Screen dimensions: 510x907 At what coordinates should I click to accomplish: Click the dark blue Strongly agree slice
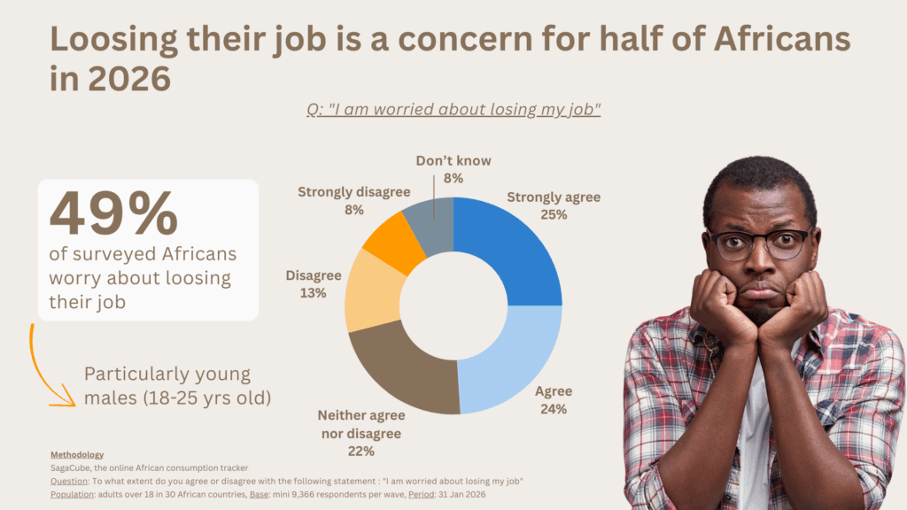[x=514, y=248]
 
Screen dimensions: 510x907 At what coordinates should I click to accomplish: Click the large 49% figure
[x=113, y=215]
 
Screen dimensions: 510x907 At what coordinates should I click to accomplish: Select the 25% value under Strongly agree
[x=554, y=214]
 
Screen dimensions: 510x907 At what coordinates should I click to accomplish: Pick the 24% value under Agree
[x=553, y=408]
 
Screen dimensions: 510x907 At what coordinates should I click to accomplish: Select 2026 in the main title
[x=130, y=80]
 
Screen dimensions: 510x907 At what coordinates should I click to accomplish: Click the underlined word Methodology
[x=77, y=454]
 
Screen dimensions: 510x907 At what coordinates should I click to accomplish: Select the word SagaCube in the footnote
[x=71, y=467]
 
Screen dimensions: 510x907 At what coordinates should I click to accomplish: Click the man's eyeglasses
[x=761, y=243]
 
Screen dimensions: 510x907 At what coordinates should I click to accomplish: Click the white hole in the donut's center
[x=453, y=305]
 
